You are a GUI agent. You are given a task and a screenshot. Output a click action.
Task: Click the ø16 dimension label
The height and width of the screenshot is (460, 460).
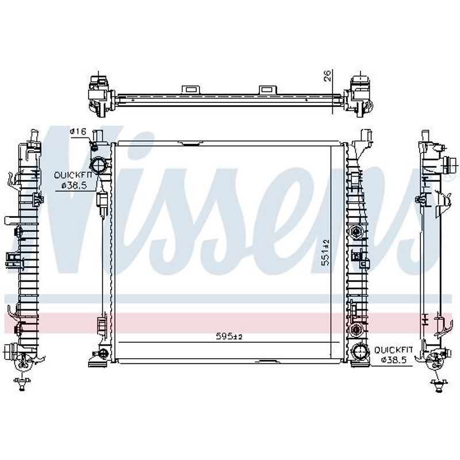pos(78,132)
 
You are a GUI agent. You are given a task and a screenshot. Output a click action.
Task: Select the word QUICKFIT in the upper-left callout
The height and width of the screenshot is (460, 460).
pos(73,175)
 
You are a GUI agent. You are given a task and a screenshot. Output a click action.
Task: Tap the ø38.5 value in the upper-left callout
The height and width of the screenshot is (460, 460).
pos(74,185)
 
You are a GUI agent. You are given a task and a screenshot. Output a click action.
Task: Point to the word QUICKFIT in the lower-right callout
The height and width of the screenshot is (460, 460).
pos(394,350)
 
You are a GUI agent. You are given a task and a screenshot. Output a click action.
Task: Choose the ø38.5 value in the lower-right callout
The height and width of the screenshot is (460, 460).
pos(394,360)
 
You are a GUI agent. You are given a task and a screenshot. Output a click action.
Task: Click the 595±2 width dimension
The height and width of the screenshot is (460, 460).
pos(229,336)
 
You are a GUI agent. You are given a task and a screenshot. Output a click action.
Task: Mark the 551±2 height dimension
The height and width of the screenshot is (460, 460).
pos(326,252)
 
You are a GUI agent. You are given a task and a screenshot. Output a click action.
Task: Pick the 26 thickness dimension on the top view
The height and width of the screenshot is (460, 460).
pos(327,75)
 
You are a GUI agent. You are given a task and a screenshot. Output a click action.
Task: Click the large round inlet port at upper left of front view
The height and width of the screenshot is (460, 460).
pos(98,165)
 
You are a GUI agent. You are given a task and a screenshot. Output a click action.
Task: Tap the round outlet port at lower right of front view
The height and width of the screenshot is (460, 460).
pos(359,352)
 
